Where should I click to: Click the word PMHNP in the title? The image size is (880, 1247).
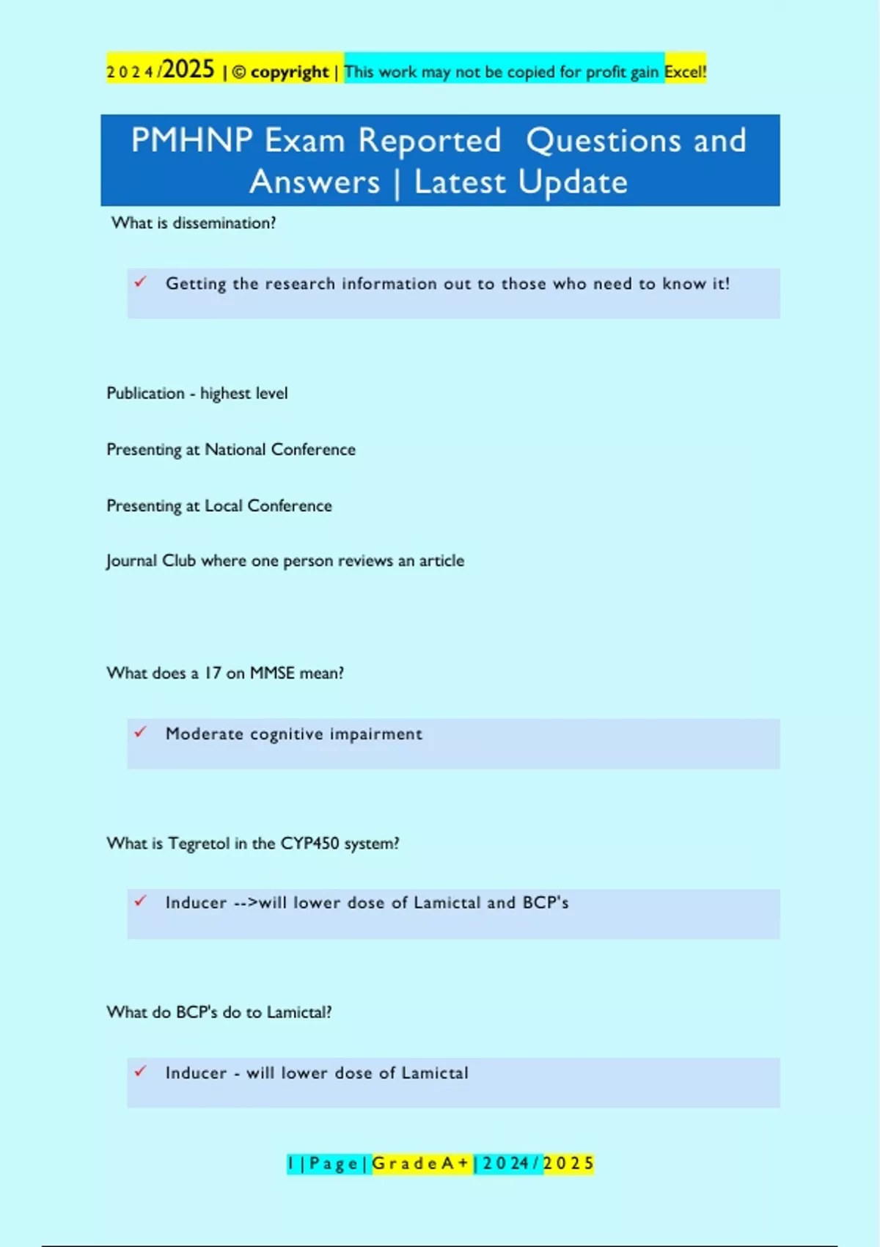191,140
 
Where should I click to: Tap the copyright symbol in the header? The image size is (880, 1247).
239,72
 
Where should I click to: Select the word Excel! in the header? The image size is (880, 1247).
685,72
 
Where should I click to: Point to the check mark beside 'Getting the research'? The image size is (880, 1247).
141,282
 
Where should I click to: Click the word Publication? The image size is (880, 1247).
145,393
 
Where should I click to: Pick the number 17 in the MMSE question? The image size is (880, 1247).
213,673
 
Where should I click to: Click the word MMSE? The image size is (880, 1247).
272,673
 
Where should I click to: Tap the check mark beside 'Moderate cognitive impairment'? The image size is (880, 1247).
141,732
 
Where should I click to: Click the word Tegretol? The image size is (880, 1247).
199,844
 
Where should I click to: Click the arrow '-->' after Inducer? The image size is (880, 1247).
246,903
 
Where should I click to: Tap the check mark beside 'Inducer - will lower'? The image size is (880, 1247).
141,1072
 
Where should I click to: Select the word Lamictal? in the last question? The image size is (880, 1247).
298,1012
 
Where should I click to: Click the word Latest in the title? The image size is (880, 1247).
460,182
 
